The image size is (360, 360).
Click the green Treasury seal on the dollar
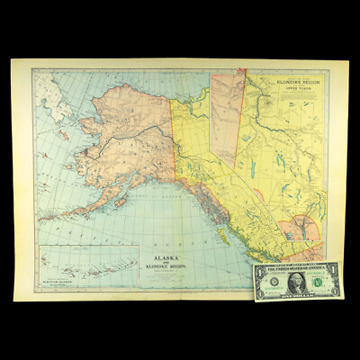tap(317, 282)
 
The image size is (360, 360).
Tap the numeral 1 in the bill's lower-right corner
tap(335, 293)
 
